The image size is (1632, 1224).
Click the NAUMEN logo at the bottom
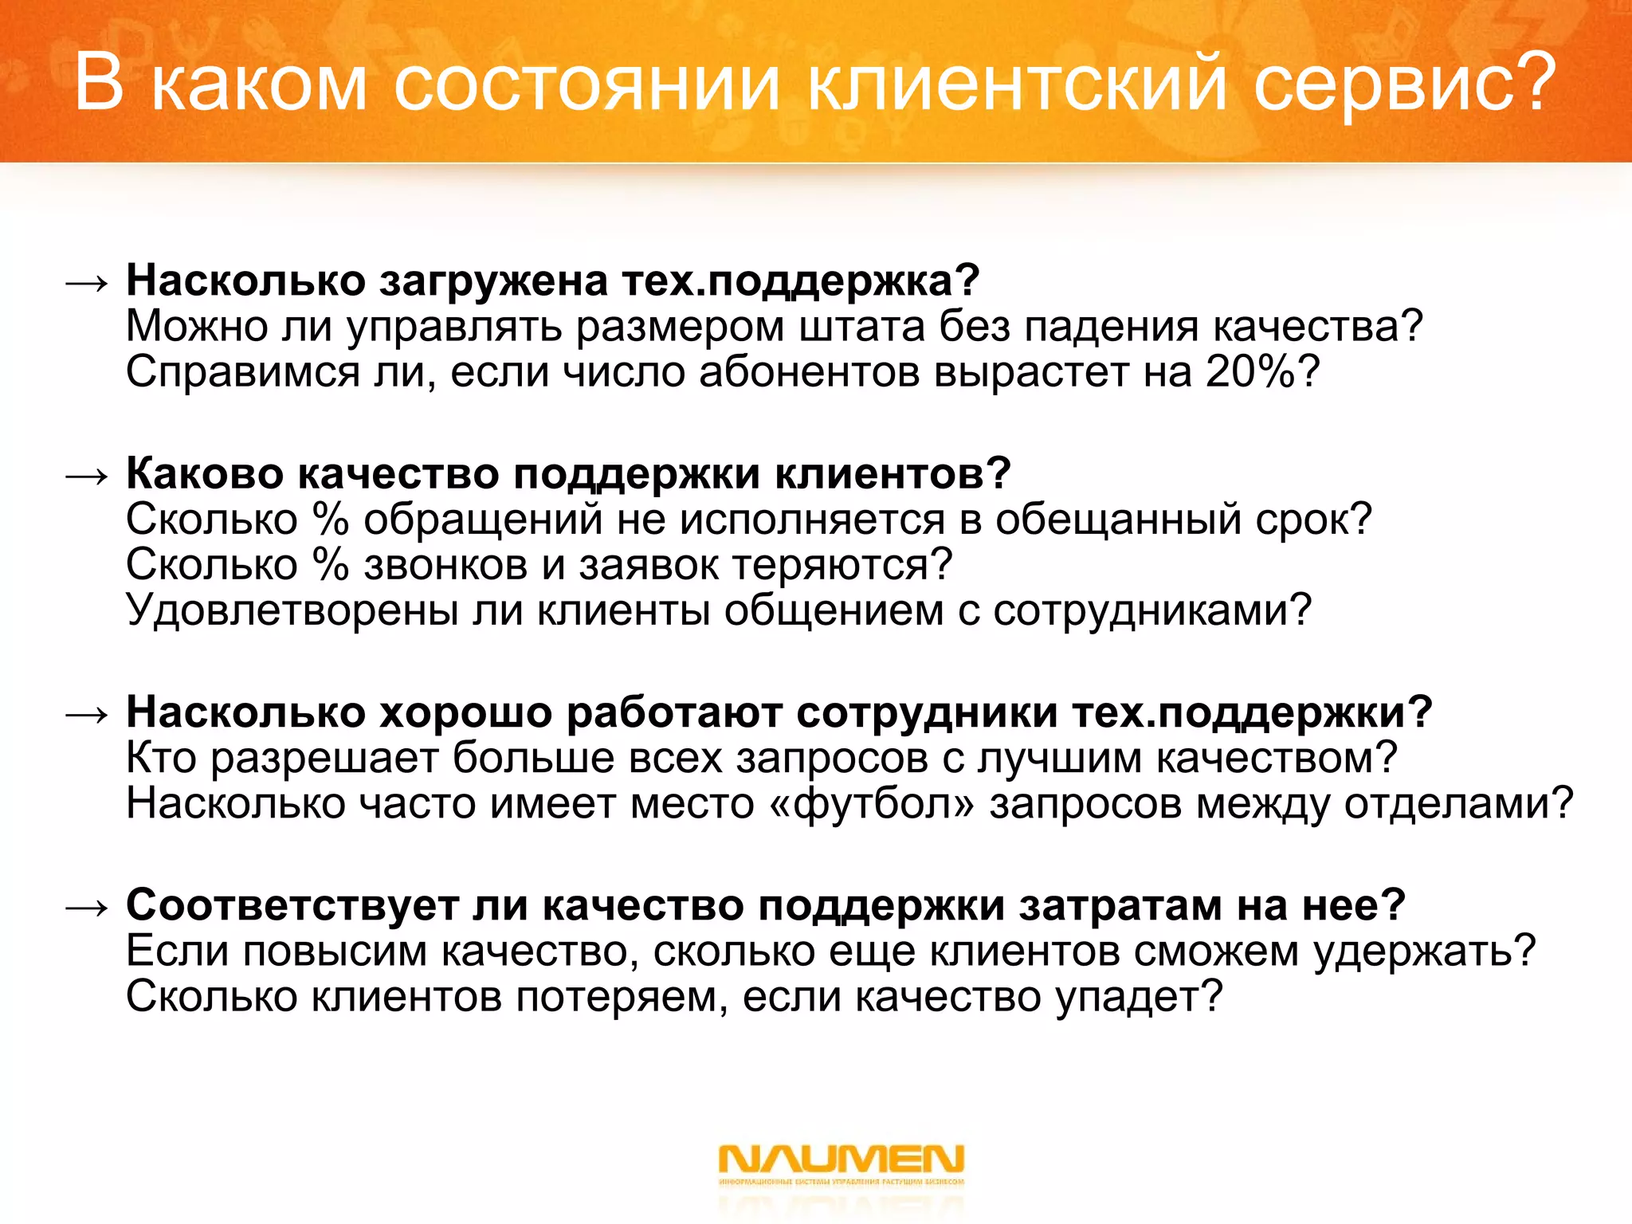coord(841,1160)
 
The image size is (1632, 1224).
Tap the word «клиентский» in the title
coord(1017,83)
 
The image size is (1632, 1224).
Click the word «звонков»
coord(445,565)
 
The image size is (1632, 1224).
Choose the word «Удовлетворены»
coord(292,610)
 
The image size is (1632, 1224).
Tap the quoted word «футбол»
coord(872,803)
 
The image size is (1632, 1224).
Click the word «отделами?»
coord(1458,803)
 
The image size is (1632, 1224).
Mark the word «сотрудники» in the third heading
coord(927,712)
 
